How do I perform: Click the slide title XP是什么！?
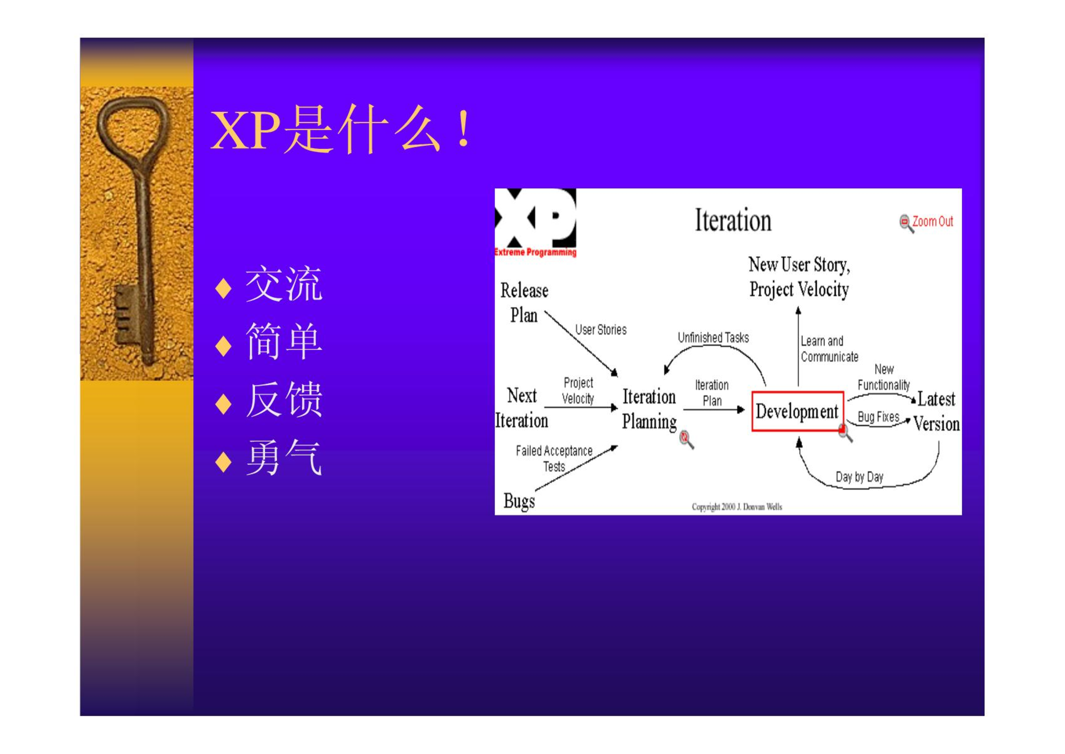340,130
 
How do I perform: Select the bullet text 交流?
284,284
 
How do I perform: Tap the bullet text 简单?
284,342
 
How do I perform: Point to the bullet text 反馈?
284,400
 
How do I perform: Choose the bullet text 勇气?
284,457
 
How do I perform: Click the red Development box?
797,411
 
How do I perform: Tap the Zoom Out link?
932,221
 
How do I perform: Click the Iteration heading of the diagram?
733,220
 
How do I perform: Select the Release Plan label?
524,303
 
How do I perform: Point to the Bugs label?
519,501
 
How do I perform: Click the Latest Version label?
936,412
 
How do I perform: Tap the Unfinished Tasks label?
713,338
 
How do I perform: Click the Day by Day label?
859,477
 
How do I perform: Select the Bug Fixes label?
878,417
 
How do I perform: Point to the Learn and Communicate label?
829,349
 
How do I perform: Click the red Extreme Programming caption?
535,252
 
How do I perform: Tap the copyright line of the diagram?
737,507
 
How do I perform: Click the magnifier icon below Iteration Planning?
687,439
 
